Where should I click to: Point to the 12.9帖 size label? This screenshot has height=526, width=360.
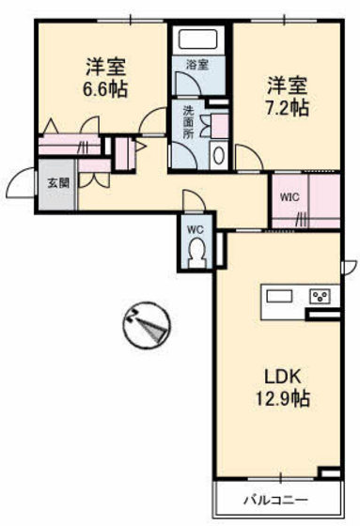coord(283,398)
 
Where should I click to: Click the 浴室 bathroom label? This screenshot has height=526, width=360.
coord(196,65)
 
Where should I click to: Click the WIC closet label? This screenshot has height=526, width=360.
coord(290,197)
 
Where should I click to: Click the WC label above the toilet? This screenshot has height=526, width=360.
coord(195,228)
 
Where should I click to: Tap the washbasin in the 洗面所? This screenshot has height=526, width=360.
coord(219,155)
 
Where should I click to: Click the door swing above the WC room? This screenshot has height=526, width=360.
coord(192,199)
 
